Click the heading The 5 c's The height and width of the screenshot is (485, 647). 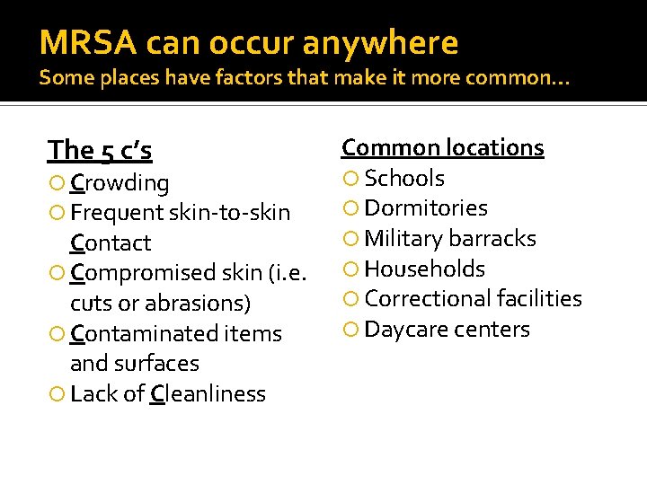100,150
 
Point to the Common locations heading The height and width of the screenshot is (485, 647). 442,147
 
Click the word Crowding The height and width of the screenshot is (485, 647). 120,183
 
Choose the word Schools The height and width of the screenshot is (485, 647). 404,178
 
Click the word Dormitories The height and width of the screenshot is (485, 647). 426,208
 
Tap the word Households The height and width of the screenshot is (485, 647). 424,269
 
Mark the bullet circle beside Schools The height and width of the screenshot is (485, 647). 350,179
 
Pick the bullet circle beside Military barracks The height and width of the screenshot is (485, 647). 350,240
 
